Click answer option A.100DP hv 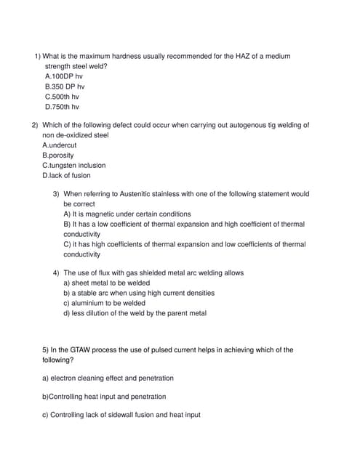point(64,76)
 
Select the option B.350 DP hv point(65,86)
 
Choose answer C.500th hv point(62,97)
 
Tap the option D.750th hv point(62,107)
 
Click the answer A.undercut point(59,145)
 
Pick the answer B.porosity point(57,155)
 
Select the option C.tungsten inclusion point(73,166)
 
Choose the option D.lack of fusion point(66,176)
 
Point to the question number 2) point(35,125)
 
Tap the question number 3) point(56,195)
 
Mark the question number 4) point(56,273)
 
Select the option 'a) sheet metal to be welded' point(106,283)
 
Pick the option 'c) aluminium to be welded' point(104,304)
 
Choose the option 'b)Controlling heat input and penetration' point(104,397)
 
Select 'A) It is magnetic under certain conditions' point(127,214)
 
